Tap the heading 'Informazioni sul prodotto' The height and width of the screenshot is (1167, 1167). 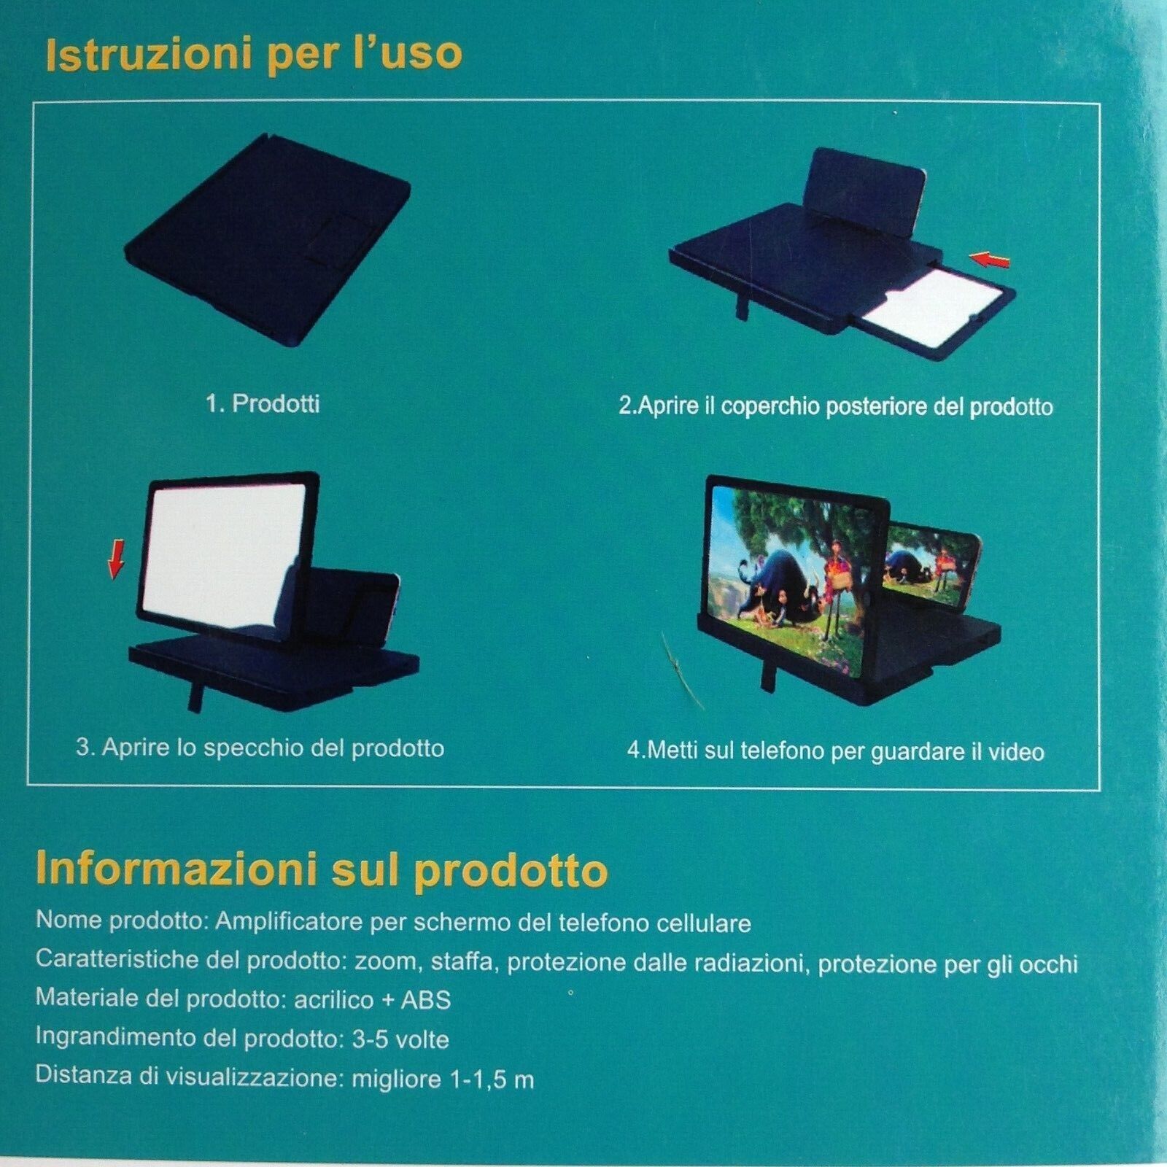[x=322, y=869]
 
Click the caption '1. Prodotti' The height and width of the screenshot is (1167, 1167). [x=263, y=403]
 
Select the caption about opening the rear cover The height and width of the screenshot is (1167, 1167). [x=836, y=406]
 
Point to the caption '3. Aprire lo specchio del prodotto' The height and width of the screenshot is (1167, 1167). [x=260, y=748]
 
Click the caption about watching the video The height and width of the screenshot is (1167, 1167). [x=836, y=751]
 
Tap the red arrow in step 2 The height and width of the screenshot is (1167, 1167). [x=990, y=258]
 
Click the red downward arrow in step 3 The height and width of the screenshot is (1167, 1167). [x=116, y=562]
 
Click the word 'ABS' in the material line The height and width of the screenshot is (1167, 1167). [x=426, y=999]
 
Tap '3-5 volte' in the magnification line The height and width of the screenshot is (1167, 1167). [x=400, y=1039]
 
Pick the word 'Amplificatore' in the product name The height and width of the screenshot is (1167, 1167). [x=290, y=922]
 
